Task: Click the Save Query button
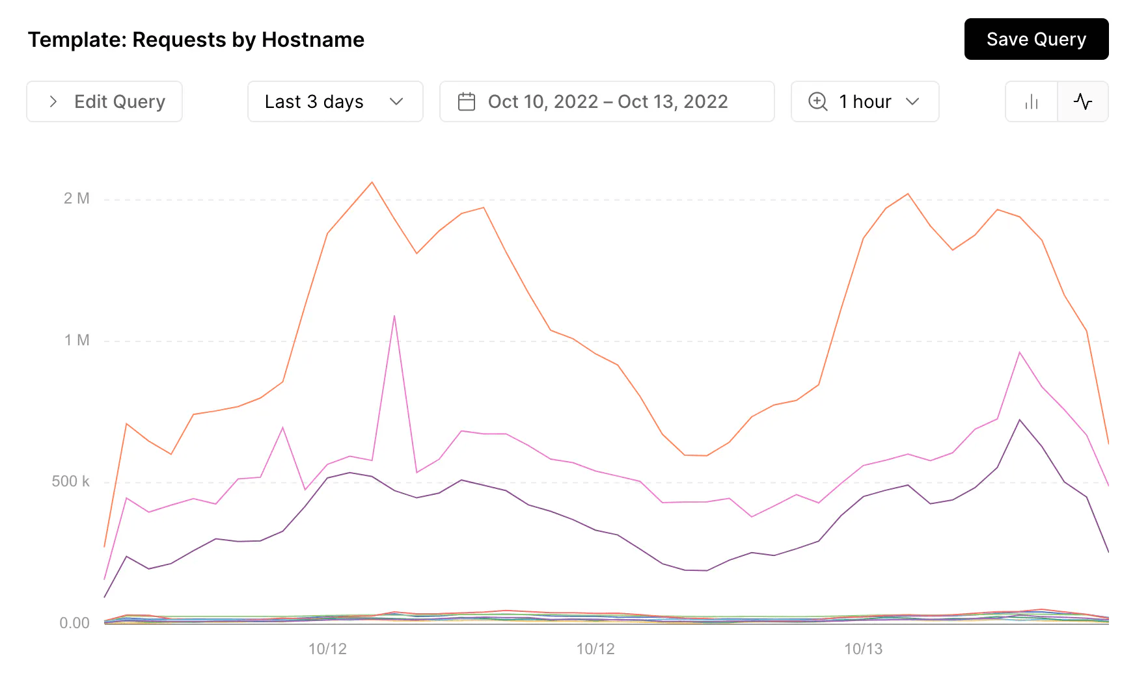coord(1036,39)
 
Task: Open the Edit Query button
coord(104,101)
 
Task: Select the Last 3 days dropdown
coord(335,101)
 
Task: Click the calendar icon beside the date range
coord(467,101)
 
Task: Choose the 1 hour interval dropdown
coord(864,101)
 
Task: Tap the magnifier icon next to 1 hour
coord(817,101)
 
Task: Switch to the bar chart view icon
coord(1032,101)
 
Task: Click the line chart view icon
coord(1083,101)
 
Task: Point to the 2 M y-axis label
coord(77,198)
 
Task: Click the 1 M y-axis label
coord(77,340)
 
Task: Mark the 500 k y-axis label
coord(70,481)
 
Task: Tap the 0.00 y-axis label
coord(74,623)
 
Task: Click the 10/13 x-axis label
coord(863,649)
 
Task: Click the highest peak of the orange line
coord(372,182)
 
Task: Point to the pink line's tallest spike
coord(394,316)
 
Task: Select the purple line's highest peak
coord(1020,420)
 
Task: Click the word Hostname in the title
coord(313,40)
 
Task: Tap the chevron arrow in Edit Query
coord(53,101)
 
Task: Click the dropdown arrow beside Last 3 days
coord(396,101)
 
